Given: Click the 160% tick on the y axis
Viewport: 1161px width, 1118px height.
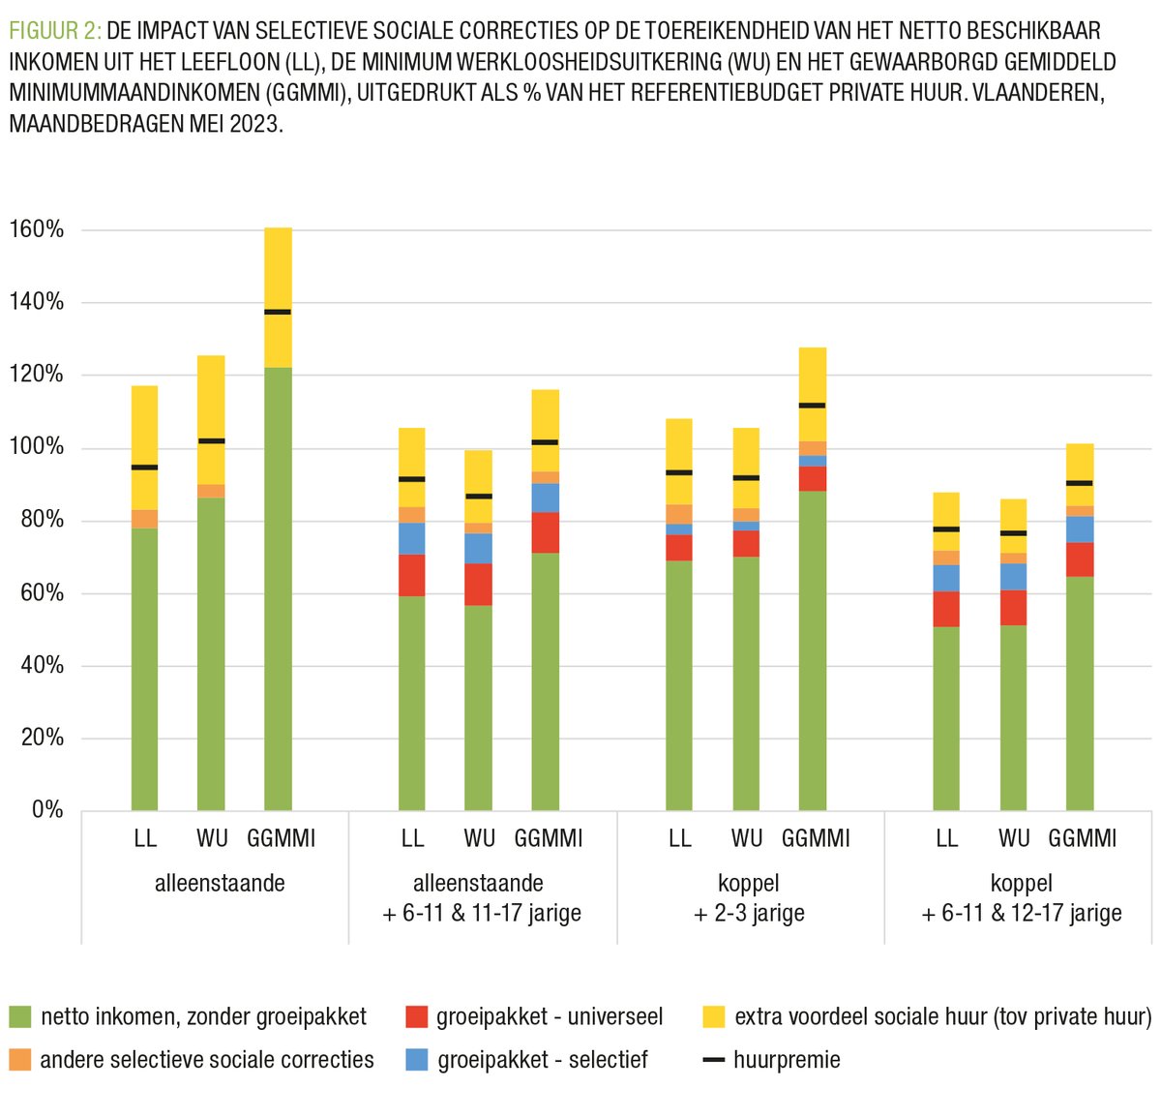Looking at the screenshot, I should coord(37,230).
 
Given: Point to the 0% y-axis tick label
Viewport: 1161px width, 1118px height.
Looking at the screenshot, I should coord(47,810).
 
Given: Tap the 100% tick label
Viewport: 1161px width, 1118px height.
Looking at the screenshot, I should coord(37,447).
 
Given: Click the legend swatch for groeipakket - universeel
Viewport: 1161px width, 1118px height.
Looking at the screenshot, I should coord(416,1017).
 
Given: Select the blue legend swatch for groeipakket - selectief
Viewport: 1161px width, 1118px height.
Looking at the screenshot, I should coord(416,1060).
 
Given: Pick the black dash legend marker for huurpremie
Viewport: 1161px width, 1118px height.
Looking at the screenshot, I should coord(713,1060).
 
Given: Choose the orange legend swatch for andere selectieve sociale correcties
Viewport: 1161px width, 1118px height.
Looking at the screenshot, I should coord(19,1060).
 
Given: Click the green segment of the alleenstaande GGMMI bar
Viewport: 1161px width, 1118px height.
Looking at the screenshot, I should coord(278,590).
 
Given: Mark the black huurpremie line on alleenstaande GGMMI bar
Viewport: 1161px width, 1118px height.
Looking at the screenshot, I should coord(278,312).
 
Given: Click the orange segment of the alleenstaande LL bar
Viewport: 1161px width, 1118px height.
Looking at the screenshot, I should coord(145,519).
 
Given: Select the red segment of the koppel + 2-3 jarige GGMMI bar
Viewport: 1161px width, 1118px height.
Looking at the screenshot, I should coord(813,479).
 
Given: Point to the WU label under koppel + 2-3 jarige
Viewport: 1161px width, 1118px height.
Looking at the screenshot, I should coord(747,838).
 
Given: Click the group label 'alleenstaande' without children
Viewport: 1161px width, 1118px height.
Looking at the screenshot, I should coord(220,883).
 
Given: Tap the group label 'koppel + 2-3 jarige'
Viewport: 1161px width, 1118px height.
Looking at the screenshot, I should coord(749,898).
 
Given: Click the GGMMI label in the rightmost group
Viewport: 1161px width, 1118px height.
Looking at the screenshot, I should coord(1082,838).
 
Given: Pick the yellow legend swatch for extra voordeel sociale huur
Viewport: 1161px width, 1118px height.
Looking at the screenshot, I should coord(713,1017).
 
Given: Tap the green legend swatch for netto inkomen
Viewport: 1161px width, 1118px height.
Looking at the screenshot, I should coord(19,1017).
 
